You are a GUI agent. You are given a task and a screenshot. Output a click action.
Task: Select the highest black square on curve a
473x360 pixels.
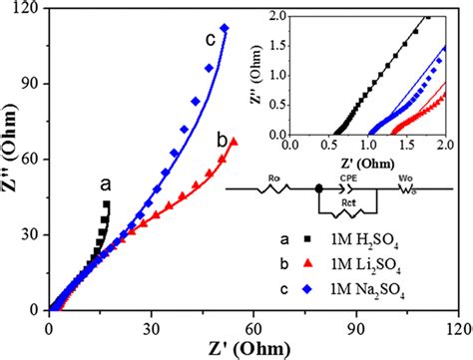coord(107,203)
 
